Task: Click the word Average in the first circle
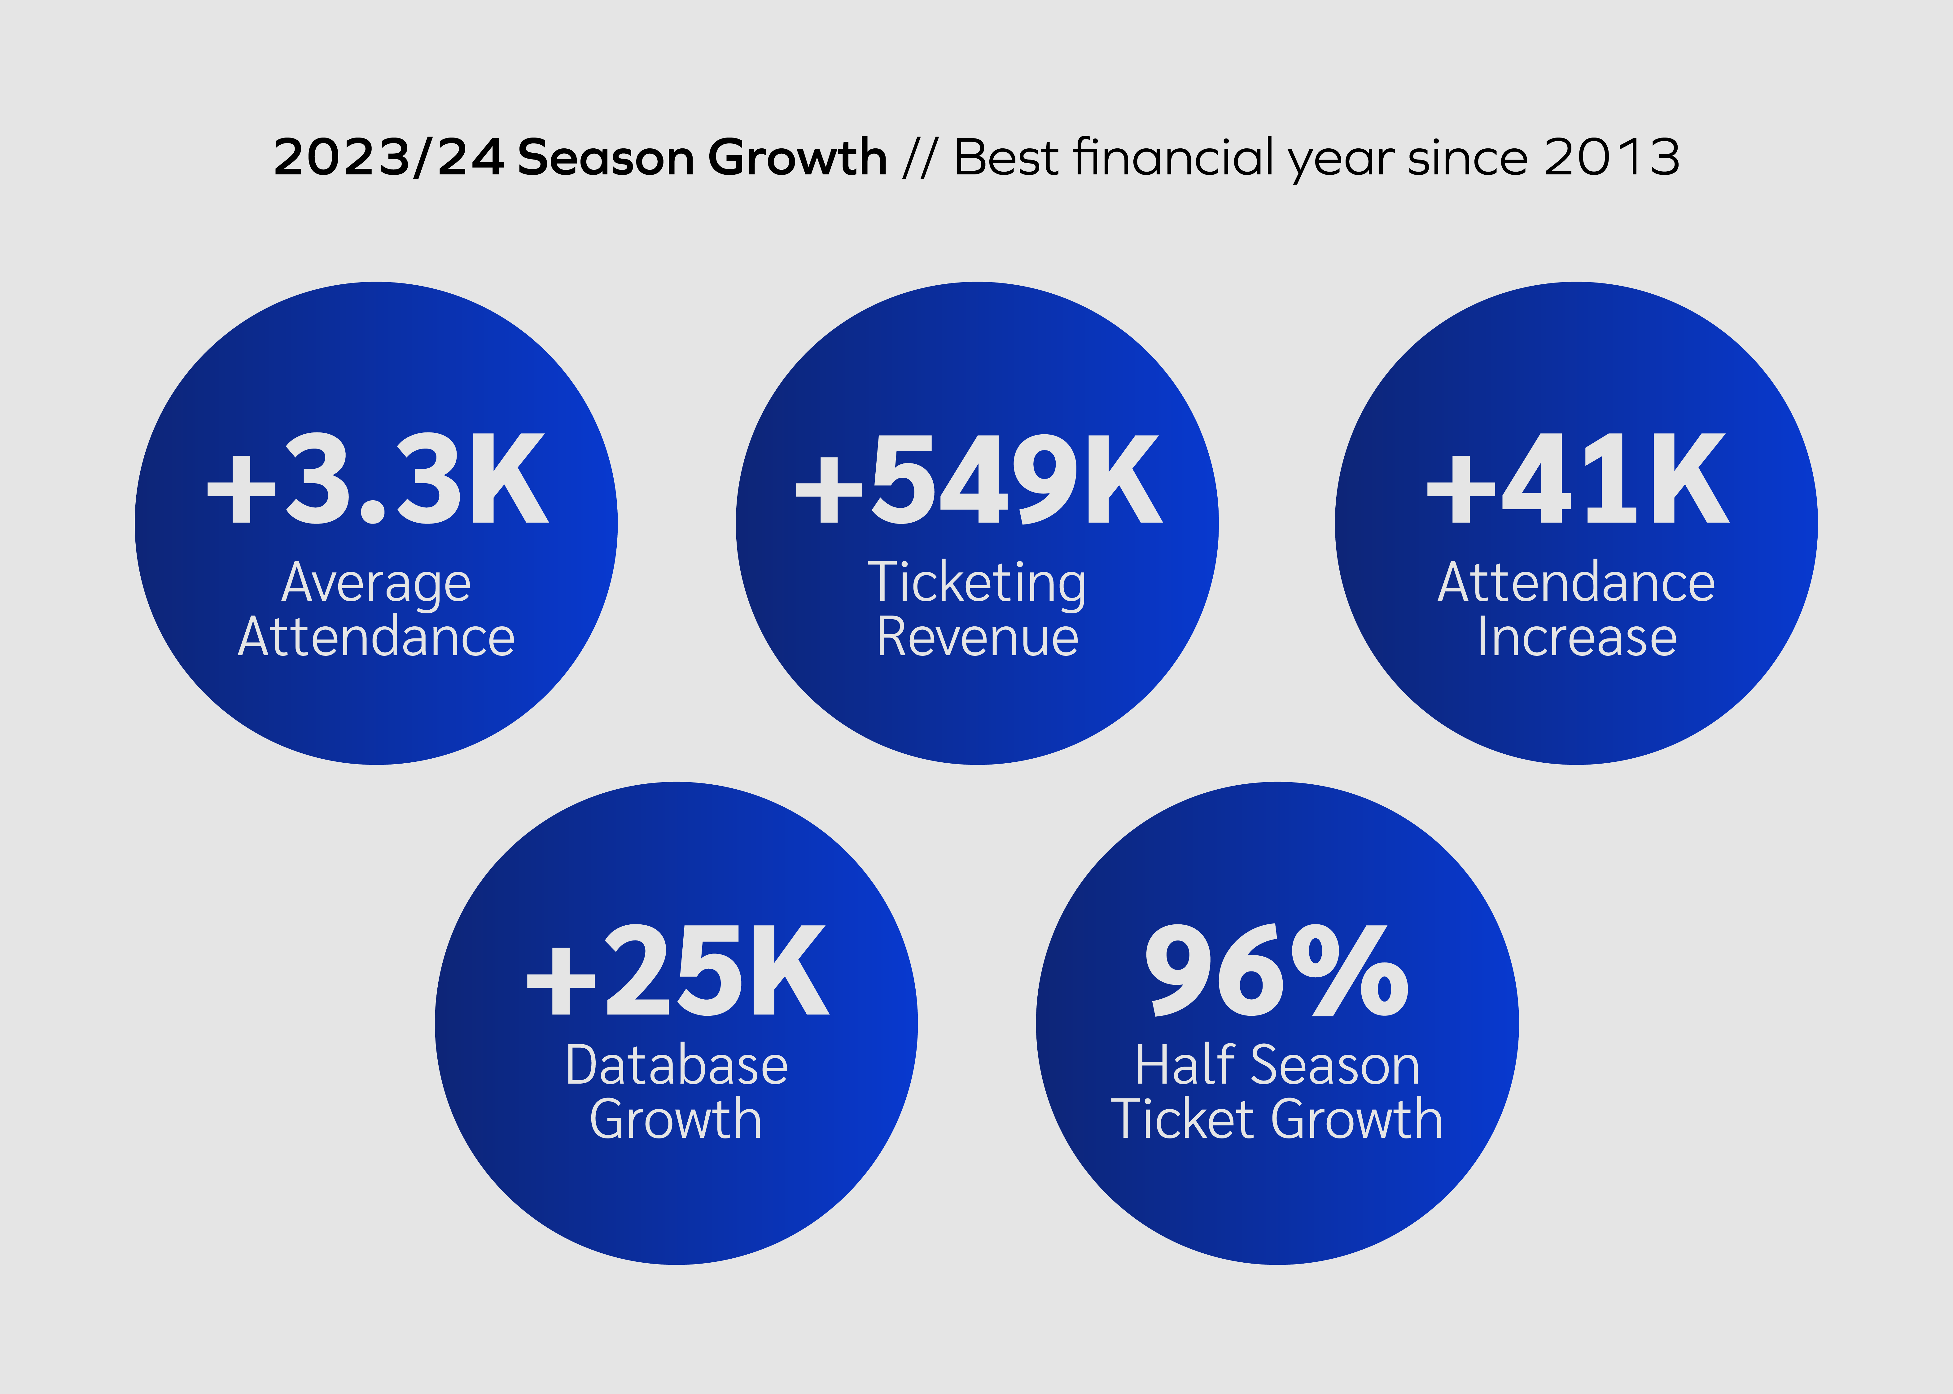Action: pyautogui.click(x=377, y=584)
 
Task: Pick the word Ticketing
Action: pyautogui.click(x=977, y=584)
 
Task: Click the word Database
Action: pyautogui.click(x=677, y=1066)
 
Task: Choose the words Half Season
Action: pyautogui.click(x=1277, y=1066)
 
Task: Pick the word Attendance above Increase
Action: pyautogui.click(x=1577, y=584)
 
